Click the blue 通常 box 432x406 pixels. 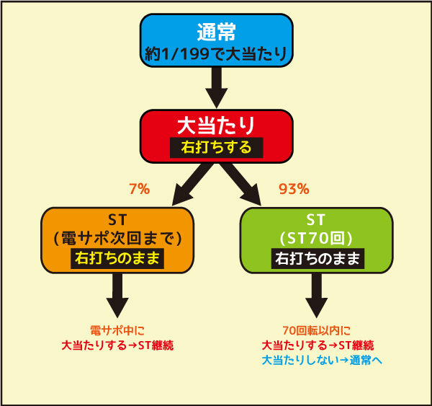[216, 40]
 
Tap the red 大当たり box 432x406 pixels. [216, 136]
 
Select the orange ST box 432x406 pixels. [117, 240]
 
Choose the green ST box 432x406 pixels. [317, 240]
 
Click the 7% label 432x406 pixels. [140, 189]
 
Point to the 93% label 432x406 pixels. [294, 189]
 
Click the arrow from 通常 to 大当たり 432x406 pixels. [217, 87]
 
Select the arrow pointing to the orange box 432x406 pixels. [192, 184]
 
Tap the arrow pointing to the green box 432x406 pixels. [240, 184]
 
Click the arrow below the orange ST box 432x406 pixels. [117, 296]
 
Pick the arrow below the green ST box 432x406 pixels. [317, 296]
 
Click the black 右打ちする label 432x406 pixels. [217, 148]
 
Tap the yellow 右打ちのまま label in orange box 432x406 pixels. [117, 259]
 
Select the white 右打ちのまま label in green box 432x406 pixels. [318, 259]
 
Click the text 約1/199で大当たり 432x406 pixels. [216, 54]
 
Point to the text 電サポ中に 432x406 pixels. [117, 330]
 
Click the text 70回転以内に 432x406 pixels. [317, 330]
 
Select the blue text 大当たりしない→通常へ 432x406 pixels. [322, 360]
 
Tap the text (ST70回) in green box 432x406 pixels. [316, 239]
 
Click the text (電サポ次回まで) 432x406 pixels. [117, 239]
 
